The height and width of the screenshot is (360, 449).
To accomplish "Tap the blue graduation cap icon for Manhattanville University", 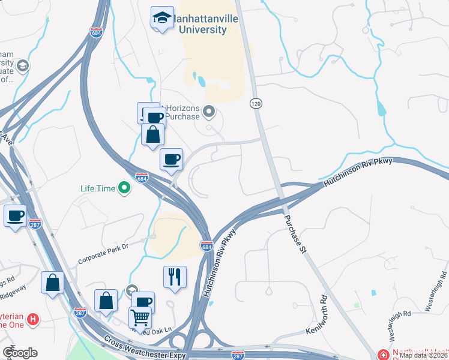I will tap(162, 18).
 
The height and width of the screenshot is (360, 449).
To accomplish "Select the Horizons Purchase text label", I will tap(182, 112).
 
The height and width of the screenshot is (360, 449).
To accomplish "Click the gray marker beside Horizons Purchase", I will tap(209, 111).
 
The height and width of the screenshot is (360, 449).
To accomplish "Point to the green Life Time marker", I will tap(124, 188).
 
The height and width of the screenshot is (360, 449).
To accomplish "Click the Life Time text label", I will tap(97, 188).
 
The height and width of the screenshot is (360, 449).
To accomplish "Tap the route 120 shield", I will tap(255, 104).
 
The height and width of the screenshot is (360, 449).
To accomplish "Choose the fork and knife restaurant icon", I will tap(175, 277).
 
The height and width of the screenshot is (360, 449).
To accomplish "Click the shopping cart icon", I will tap(140, 317).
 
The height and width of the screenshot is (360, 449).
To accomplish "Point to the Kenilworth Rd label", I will tap(316, 314).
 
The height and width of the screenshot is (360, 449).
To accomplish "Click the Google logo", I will tap(20, 352).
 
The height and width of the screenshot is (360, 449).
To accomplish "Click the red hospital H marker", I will tap(34, 319).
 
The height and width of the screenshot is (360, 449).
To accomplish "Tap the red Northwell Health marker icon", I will tap(382, 355).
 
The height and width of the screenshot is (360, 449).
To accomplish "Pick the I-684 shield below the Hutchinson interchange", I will tap(206, 247).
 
